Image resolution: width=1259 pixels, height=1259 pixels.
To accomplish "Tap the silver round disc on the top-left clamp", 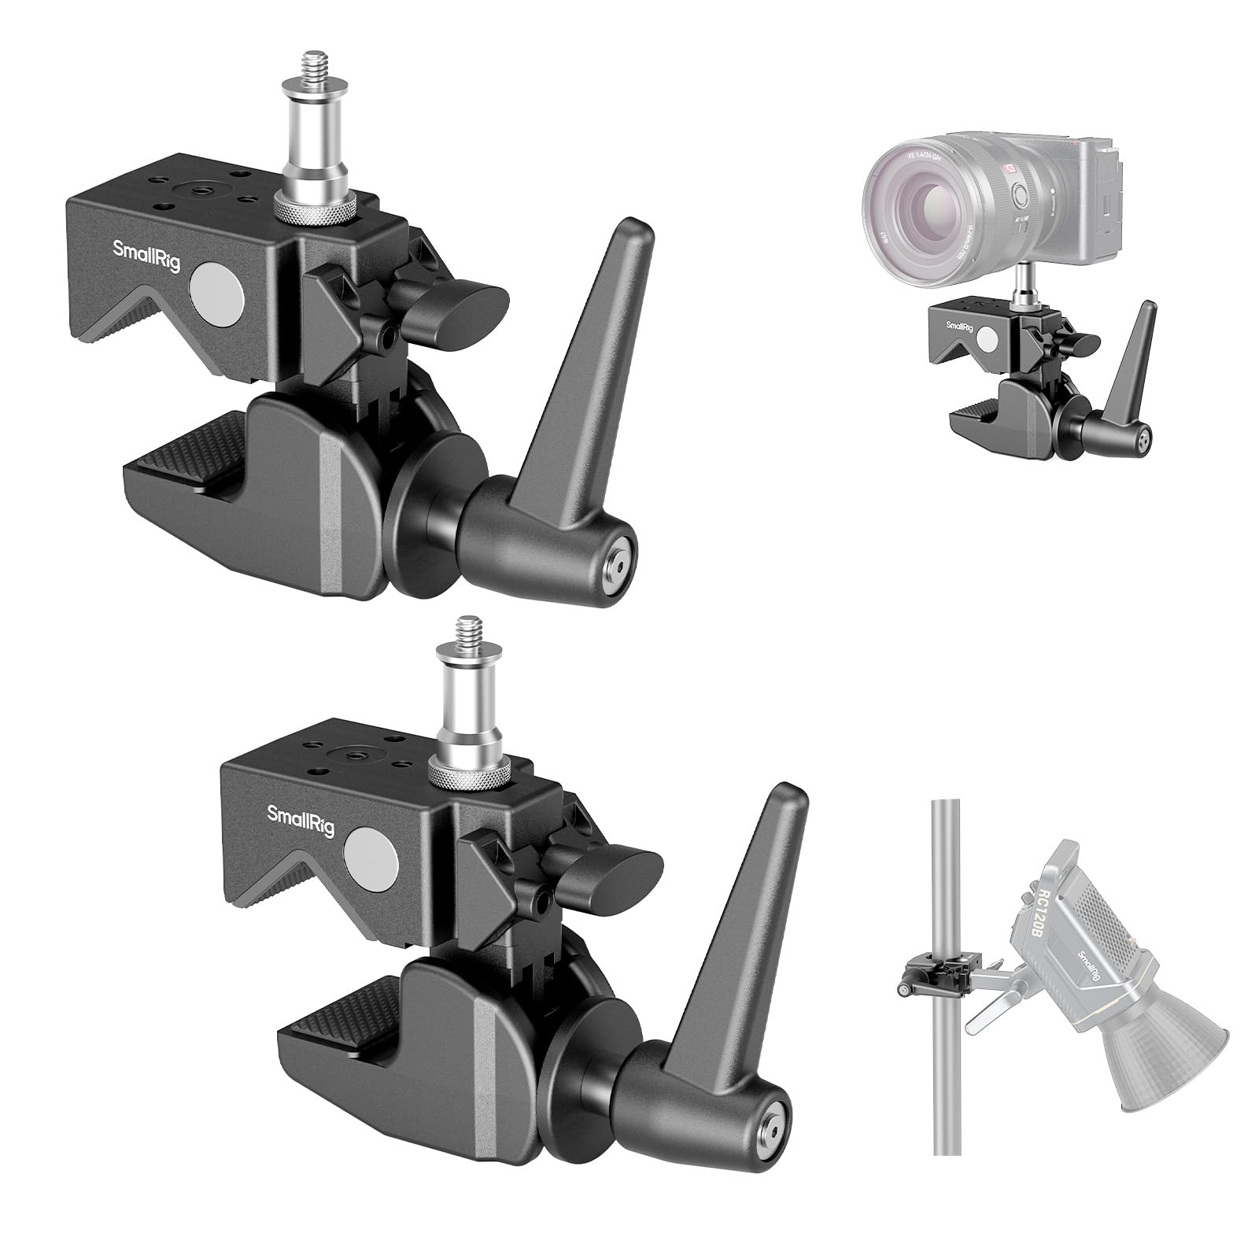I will point(218,292).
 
